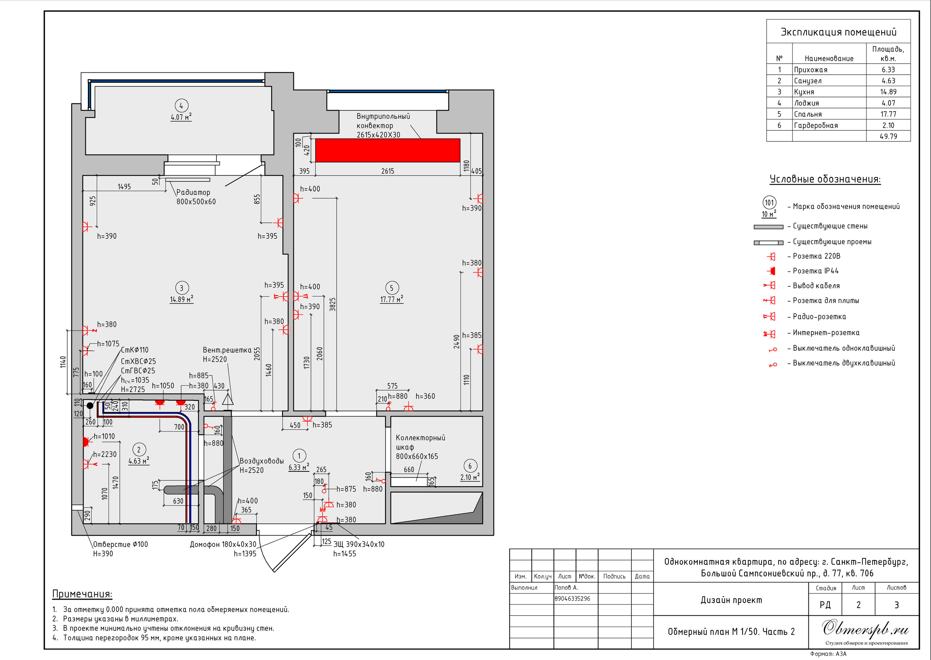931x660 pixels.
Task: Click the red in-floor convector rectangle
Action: (387, 150)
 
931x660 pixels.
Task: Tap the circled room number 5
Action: (392, 288)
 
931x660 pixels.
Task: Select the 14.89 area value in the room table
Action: (888, 92)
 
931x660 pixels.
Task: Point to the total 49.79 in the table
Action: (888, 137)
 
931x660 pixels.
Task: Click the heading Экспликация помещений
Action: (838, 32)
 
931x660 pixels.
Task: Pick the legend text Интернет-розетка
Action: (826, 333)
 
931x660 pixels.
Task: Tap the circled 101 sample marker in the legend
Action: (769, 202)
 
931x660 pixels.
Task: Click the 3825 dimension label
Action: (332, 305)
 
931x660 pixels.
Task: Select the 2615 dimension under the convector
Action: (387, 171)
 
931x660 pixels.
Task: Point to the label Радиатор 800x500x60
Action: (196, 197)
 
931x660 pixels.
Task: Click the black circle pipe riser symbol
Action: (90, 406)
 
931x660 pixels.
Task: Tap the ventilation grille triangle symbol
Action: (228, 399)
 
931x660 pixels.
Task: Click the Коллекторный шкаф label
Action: (420, 442)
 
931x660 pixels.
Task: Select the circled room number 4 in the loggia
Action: (181, 106)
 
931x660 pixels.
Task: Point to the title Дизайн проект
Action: (731, 600)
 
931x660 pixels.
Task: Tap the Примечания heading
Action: (82, 594)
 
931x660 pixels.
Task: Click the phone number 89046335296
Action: (572, 599)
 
